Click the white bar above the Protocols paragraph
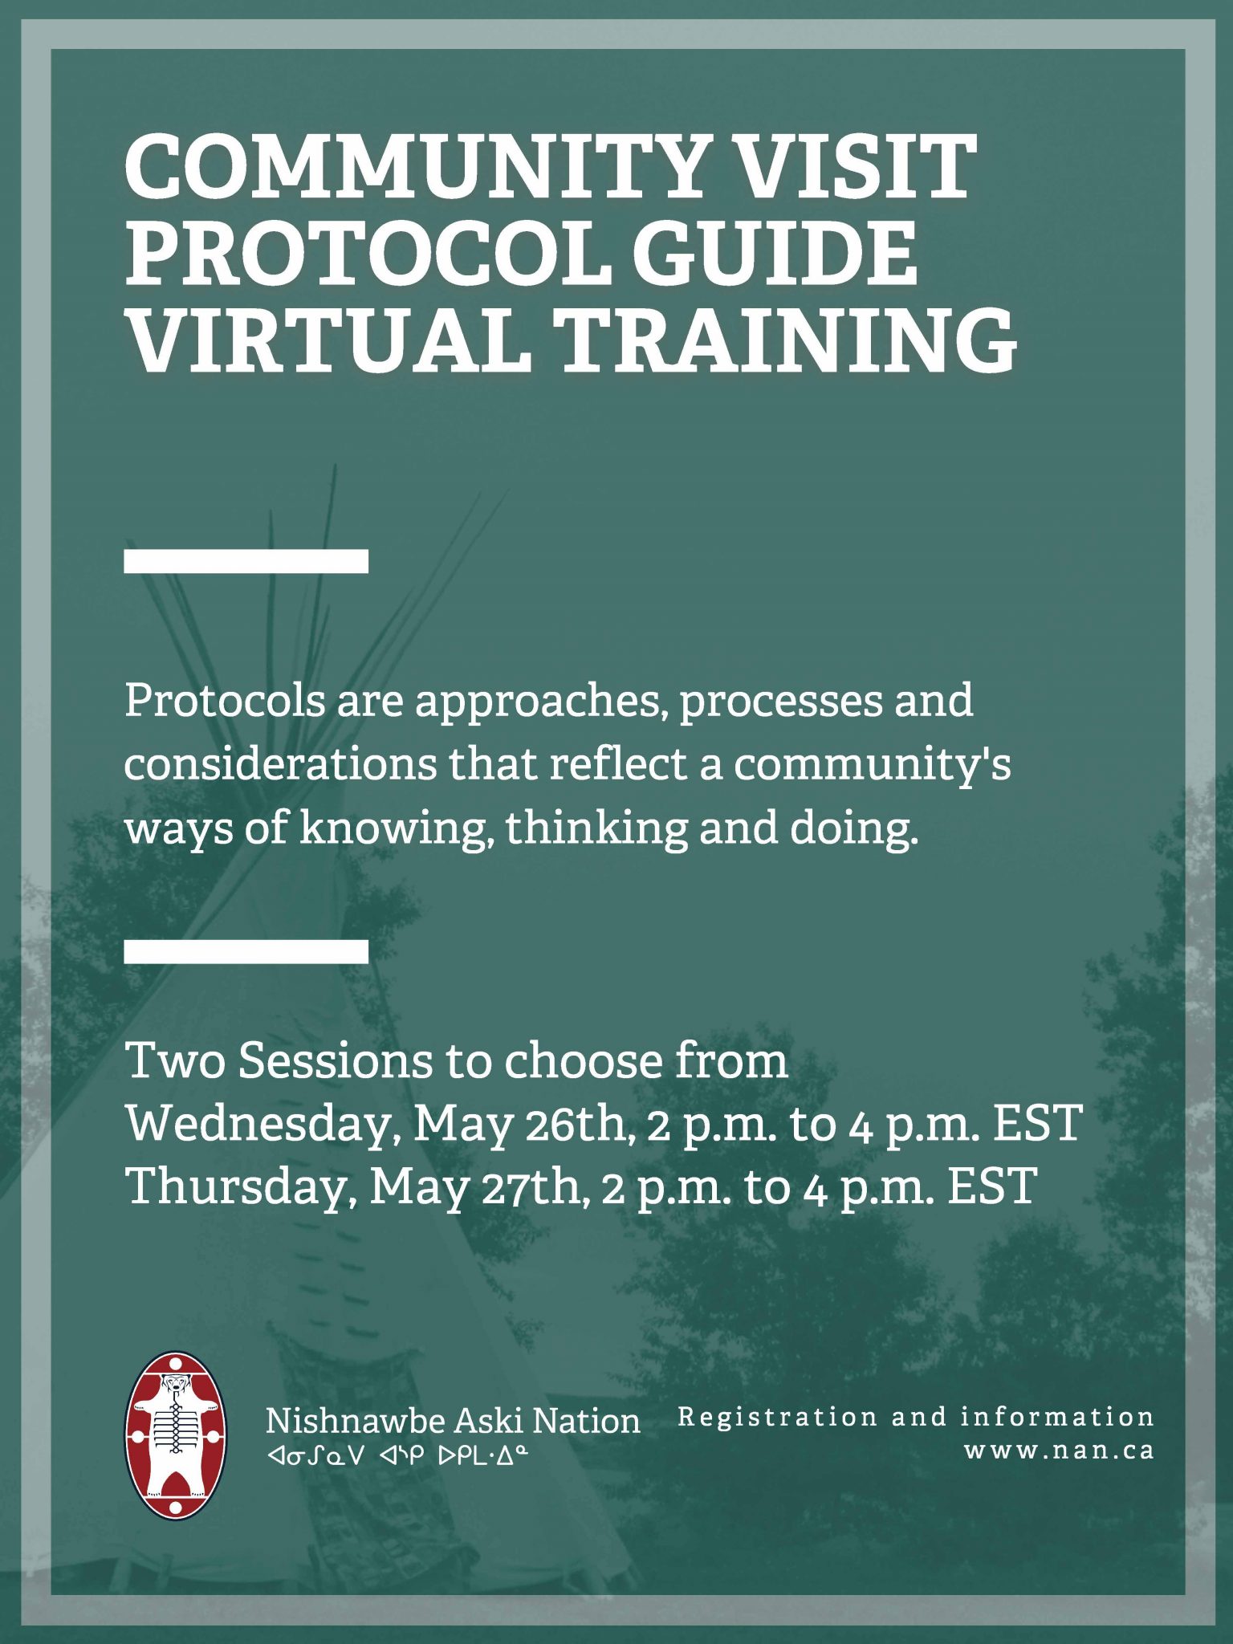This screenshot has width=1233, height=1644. pos(246,561)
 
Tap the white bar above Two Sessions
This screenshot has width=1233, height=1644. pos(246,951)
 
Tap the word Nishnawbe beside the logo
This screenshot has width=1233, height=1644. pos(356,1421)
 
